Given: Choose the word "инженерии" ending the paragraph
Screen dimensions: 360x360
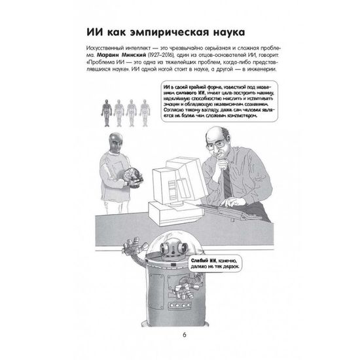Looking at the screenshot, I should [262, 73].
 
